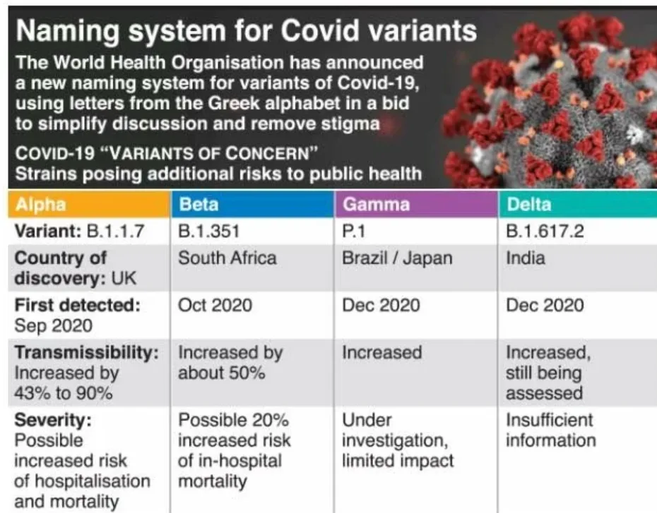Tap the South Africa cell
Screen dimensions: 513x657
(227, 258)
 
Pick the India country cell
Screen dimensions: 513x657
(525, 258)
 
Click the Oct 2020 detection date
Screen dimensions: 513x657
(215, 306)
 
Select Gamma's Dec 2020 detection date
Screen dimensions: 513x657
(380, 306)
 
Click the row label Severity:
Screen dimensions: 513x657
(54, 421)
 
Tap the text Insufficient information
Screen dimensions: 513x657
(550, 430)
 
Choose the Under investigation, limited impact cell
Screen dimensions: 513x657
(397, 441)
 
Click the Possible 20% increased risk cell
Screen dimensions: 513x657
(234, 451)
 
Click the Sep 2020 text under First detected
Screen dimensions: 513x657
(52, 326)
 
